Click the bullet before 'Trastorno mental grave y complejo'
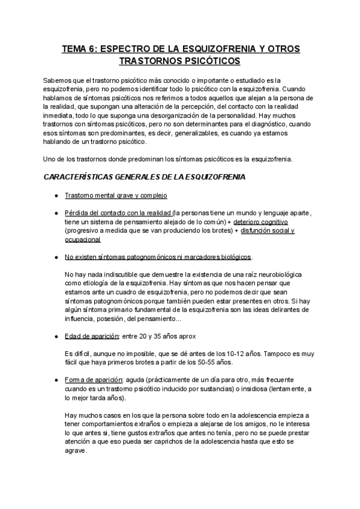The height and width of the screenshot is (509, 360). pos(55,196)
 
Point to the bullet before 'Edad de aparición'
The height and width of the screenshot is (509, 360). pos(55,336)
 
